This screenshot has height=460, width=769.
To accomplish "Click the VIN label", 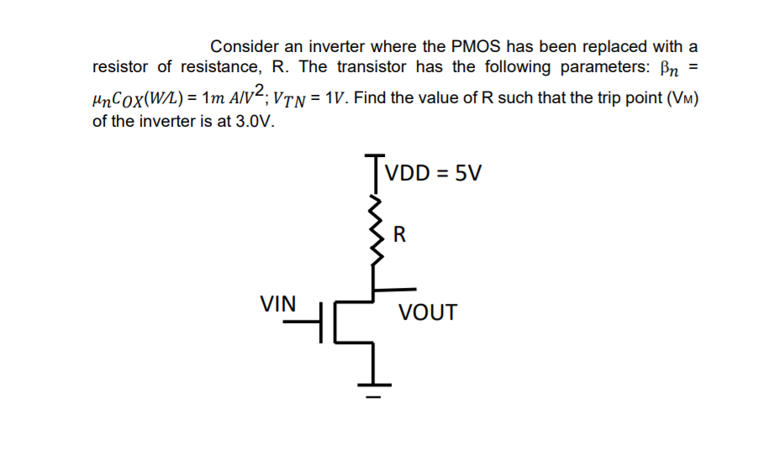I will click(277, 304).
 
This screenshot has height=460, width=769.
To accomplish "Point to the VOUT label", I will click(428, 313).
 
